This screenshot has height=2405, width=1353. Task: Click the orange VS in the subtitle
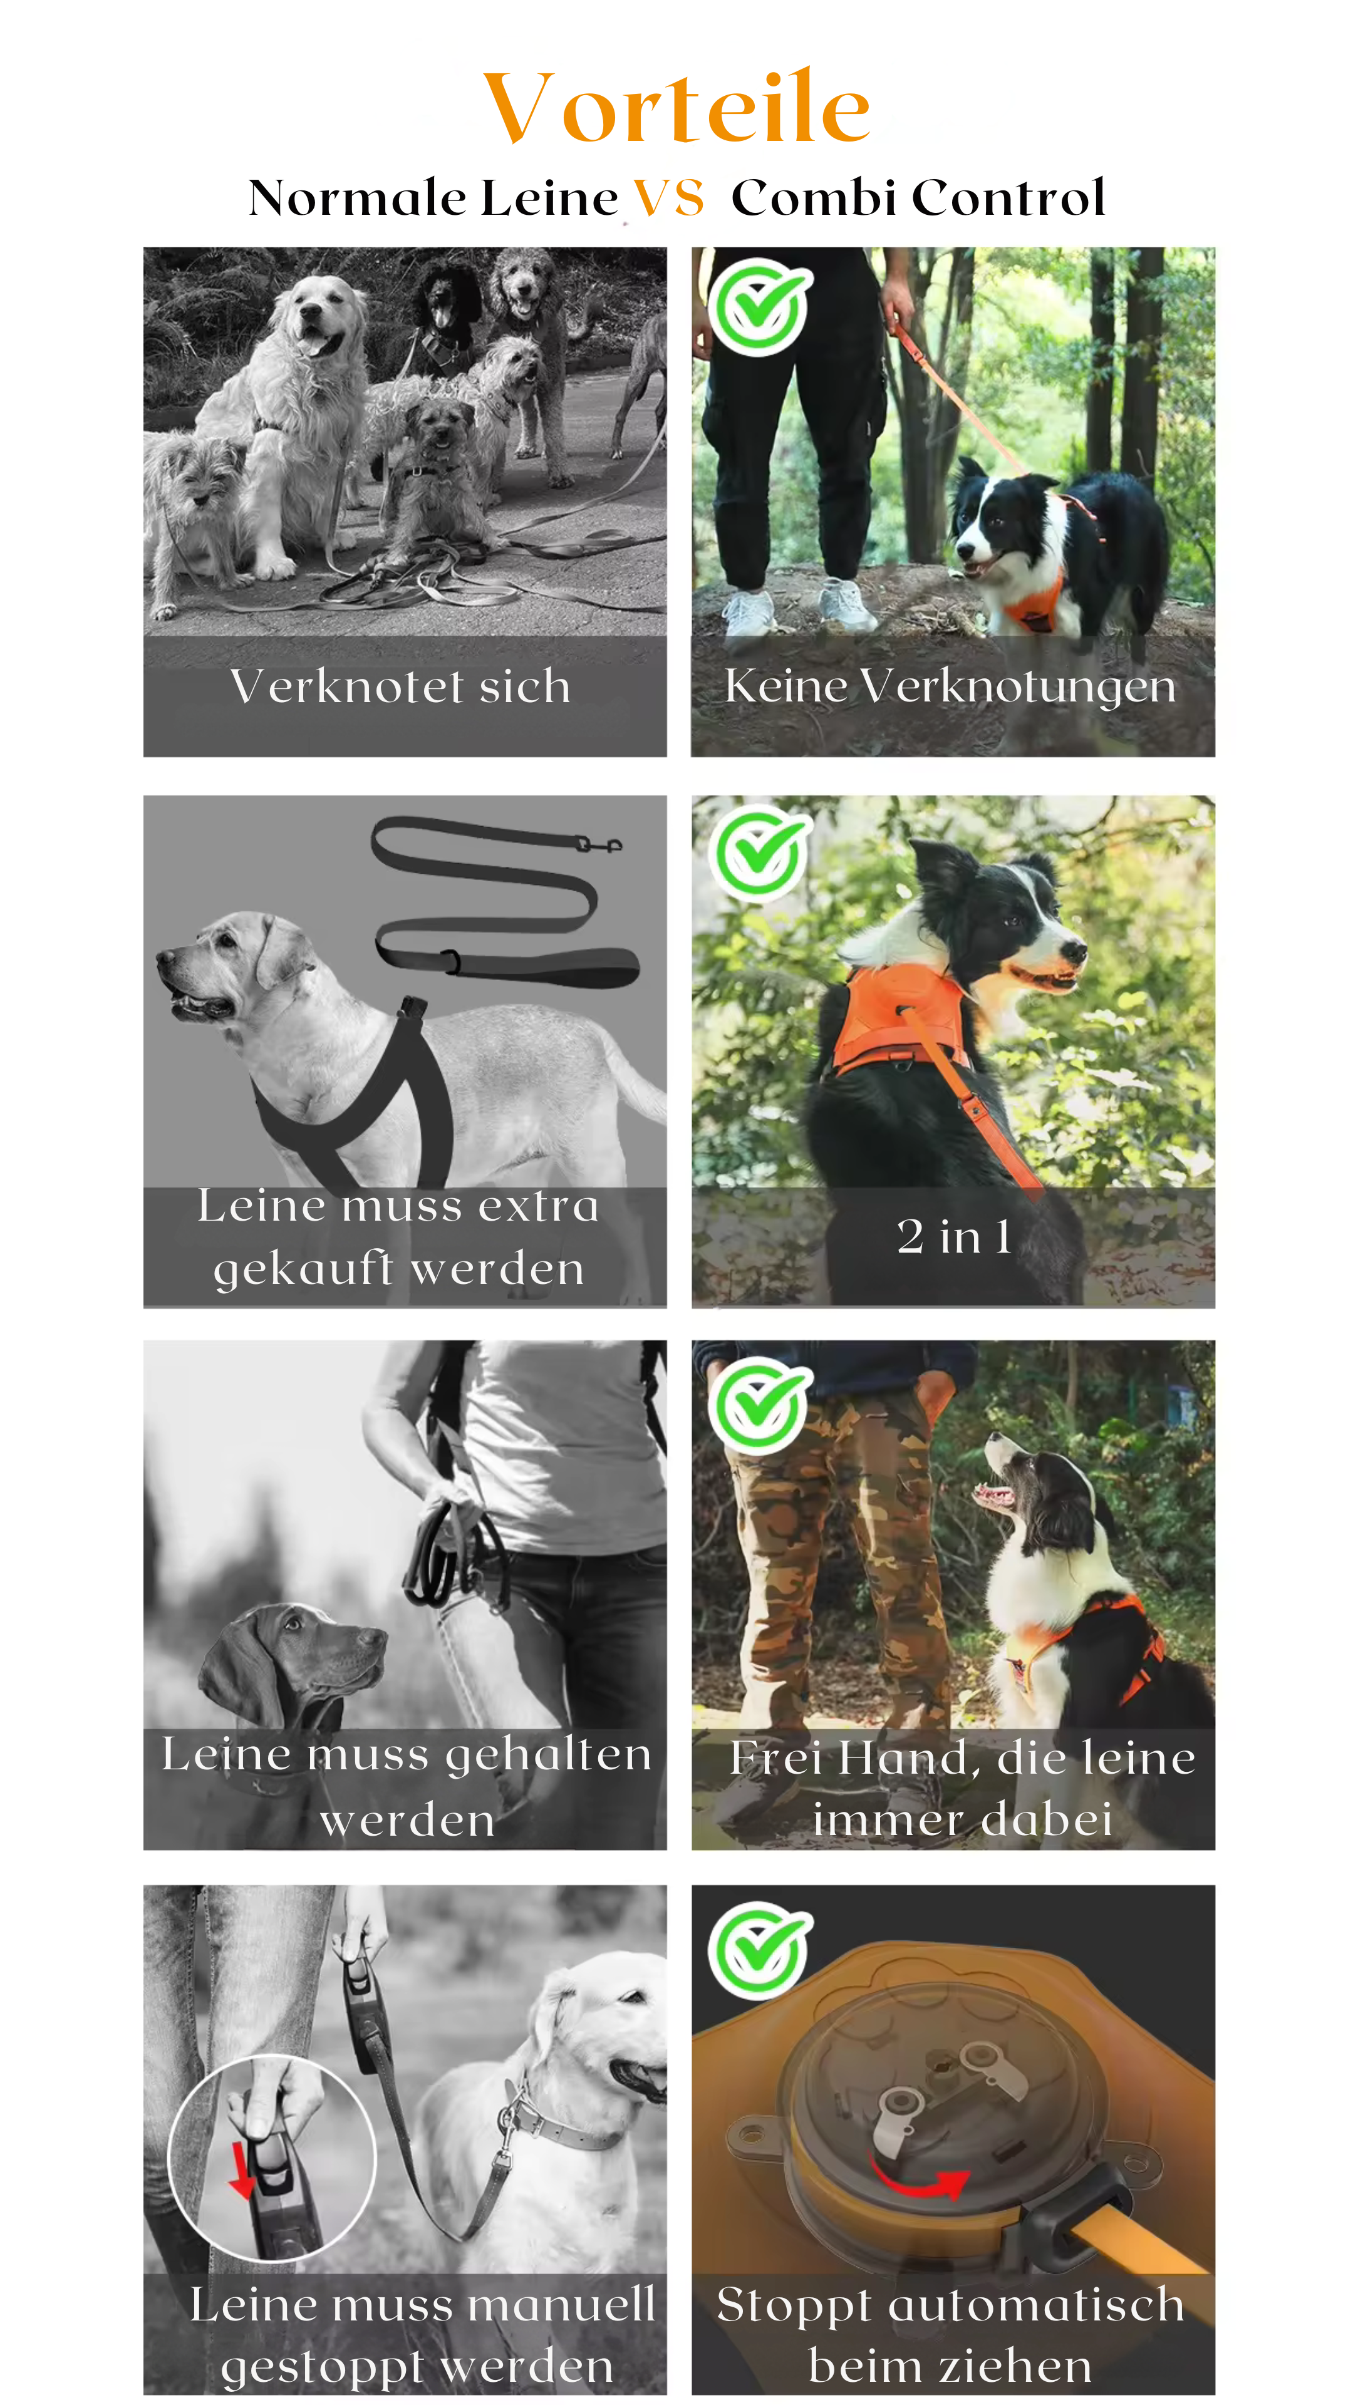pyautogui.click(x=668, y=198)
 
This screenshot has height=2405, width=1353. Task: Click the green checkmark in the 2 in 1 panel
pyautogui.click(x=759, y=852)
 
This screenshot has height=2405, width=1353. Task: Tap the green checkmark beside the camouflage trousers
pyautogui.click(x=759, y=1405)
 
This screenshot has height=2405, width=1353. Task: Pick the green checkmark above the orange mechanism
pyautogui.click(x=759, y=1950)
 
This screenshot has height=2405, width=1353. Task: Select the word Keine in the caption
pyautogui.click(x=786, y=686)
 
